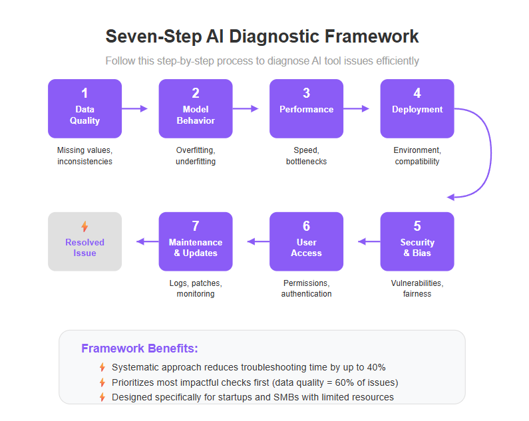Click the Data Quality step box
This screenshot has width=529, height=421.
(85, 108)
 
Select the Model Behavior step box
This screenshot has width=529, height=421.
(196, 108)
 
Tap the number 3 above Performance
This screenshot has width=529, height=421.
(306, 93)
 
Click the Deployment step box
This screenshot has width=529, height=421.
(417, 108)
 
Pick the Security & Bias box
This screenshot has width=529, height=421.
(417, 241)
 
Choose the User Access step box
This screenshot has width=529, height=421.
(306, 241)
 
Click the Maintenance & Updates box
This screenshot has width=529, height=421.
(196, 241)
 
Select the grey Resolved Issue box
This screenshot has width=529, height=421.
(85, 241)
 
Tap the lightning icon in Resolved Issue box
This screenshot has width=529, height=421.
(85, 226)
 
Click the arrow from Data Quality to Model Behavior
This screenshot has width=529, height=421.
(135, 108)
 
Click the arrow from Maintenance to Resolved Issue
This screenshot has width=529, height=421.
(148, 241)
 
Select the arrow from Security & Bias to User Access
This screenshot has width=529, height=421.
(369, 241)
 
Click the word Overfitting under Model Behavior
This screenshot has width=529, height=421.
(196, 150)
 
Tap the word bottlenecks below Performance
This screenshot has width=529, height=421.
(306, 162)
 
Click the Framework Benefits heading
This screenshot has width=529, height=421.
(140, 348)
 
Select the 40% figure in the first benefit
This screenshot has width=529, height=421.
(376, 367)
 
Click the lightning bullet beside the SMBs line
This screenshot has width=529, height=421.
(102, 397)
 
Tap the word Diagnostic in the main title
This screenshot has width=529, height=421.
(273, 37)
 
